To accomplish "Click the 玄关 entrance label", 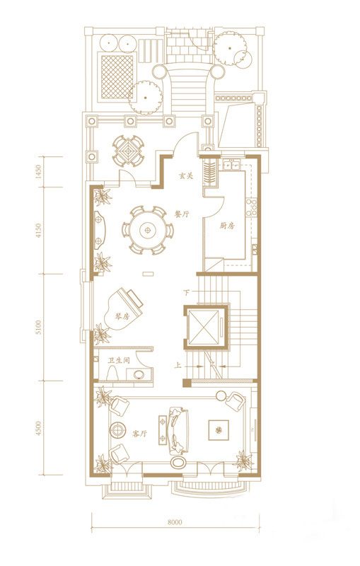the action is pos(186,176).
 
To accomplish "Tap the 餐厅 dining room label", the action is pos(182,214).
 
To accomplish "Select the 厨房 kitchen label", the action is pos(227,226).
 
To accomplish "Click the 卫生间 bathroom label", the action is pos(119,361).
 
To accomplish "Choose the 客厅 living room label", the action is pos(140,434).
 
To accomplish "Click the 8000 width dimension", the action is pos(175,522).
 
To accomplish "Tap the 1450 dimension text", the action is pos(39,172).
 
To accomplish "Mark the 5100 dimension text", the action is pos(39,327).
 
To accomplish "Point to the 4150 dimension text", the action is pos(39,231).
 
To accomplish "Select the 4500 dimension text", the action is pos(39,428).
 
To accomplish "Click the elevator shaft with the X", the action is pos(204,327).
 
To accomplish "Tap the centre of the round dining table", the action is pos(148,229).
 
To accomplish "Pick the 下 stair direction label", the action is pos(187,292).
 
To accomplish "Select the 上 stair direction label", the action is pos(178,366).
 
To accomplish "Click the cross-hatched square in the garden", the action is pos(117,77).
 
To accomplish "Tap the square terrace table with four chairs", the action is pos(128,151).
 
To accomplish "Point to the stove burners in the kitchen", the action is pos(251,207).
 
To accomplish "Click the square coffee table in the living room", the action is pos(219,430).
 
